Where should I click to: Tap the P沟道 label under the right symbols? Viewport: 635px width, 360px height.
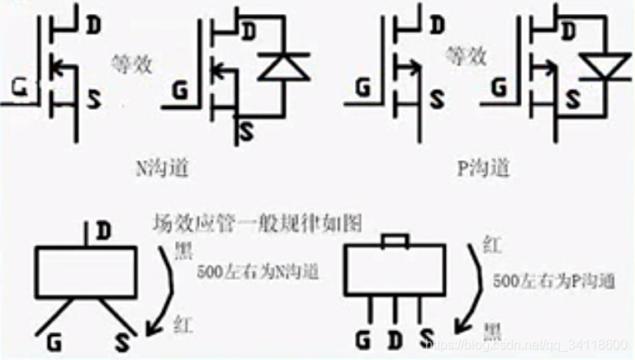(483, 168)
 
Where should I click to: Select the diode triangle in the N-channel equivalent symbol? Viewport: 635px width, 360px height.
(283, 67)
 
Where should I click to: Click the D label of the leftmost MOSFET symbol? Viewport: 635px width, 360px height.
(92, 24)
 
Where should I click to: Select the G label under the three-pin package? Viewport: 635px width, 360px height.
(363, 339)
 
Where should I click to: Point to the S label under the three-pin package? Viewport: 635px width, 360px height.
(426, 339)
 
